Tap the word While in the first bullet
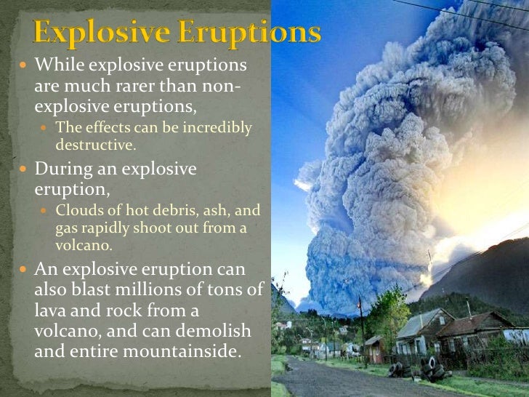[x=57, y=65]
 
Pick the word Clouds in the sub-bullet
[x=77, y=212]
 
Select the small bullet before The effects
[x=45, y=129]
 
